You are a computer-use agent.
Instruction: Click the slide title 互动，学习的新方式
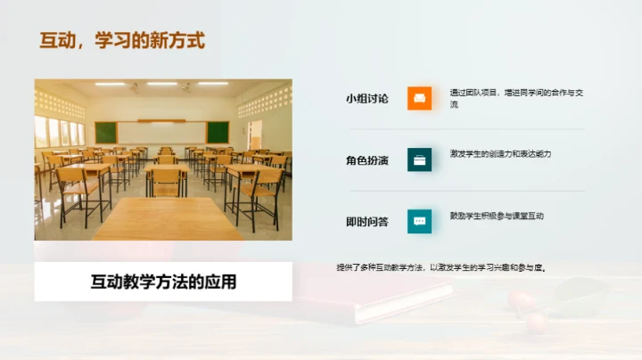(122, 41)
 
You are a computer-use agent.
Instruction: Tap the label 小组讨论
(367, 98)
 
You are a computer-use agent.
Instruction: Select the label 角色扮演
(367, 160)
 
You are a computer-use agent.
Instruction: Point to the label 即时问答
(367, 222)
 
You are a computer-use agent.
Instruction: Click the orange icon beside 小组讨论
(419, 98)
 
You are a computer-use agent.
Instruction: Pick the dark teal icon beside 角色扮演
(419, 160)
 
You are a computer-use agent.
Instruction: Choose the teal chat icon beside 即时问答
(419, 221)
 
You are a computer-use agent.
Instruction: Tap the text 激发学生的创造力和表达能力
(500, 154)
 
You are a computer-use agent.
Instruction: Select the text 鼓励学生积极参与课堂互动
(497, 216)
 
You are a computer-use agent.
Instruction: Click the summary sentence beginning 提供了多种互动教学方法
(441, 267)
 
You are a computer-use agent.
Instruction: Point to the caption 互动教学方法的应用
(164, 282)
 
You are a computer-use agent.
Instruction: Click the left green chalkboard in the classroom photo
(106, 131)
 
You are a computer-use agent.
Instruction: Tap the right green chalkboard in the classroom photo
(218, 131)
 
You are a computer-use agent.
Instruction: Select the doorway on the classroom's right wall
(256, 132)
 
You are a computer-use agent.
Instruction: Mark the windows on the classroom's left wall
(59, 132)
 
